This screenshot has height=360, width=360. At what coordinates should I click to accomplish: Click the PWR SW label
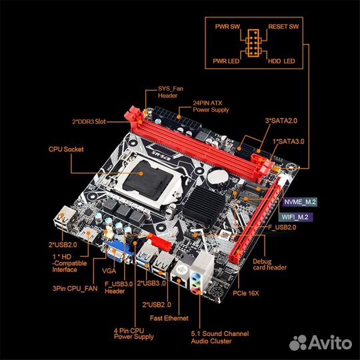pyautogui.click(x=227, y=27)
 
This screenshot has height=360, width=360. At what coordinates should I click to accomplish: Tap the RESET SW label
pyautogui.click(x=283, y=27)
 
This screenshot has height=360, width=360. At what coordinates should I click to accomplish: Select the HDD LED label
pyautogui.click(x=281, y=61)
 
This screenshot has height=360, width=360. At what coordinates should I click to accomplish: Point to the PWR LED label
pyautogui.click(x=226, y=61)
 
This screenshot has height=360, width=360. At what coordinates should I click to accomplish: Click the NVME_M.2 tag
pyautogui.click(x=300, y=202)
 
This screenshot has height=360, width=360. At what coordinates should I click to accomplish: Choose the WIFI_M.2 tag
pyautogui.click(x=295, y=217)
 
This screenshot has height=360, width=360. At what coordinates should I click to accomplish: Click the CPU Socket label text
pyautogui.click(x=66, y=149)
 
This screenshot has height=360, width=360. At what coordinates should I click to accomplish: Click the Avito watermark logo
pyautogui.click(x=321, y=343)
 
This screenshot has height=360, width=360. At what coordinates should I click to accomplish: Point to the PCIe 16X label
pyautogui.click(x=245, y=293)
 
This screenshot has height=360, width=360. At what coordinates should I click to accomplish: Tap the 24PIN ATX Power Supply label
pyautogui.click(x=211, y=106)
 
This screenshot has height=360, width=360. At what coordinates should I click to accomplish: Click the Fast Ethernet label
pyautogui.click(x=169, y=318)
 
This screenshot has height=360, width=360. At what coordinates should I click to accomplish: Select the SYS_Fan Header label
pyautogui.click(x=171, y=92)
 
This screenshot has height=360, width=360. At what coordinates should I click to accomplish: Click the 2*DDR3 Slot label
pyautogui.click(x=89, y=121)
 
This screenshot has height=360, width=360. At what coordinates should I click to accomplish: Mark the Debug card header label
pyautogui.click(x=270, y=265)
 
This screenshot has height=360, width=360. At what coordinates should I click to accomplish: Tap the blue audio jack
pyautogui.click(x=195, y=276)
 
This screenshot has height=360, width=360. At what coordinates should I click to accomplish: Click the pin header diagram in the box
pyautogui.click(x=253, y=43)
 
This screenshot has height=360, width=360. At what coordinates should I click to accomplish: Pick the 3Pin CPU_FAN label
pyautogui.click(x=75, y=289)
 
